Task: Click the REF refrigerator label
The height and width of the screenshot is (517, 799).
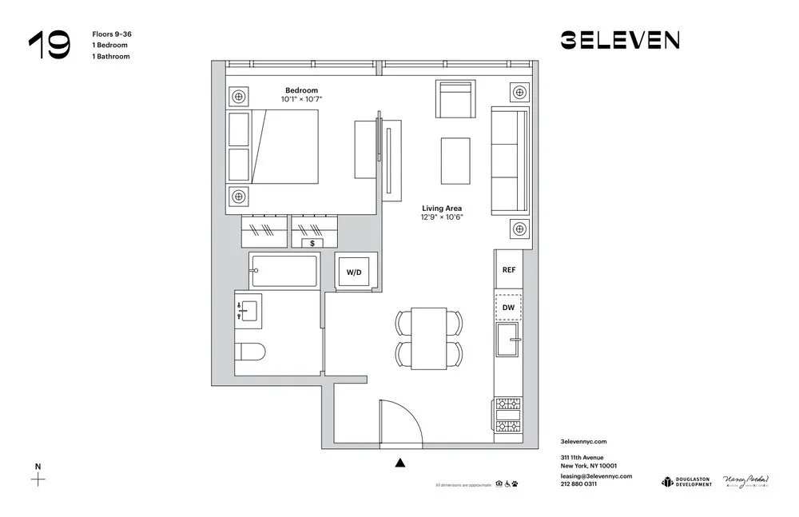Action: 508,270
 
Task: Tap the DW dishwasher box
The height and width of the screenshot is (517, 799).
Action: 508,307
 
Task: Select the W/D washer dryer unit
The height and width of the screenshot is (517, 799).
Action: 353,272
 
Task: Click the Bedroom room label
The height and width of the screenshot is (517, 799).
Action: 302,90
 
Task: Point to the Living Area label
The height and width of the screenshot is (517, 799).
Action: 442,208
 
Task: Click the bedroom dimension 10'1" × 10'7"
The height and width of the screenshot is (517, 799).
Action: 301,100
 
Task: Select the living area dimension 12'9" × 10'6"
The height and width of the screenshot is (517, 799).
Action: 442,217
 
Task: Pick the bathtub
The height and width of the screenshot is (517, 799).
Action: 284,271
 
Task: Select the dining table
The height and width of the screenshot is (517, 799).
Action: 428,338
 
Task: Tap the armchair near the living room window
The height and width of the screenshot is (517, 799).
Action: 455,99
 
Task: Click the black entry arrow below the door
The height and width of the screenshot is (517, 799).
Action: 400,461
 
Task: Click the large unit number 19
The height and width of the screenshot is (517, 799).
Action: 49,46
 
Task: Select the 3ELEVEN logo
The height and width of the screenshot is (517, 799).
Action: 620,40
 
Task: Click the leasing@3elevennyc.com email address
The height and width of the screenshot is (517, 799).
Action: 596,475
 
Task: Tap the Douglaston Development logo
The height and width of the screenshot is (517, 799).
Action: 686,481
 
